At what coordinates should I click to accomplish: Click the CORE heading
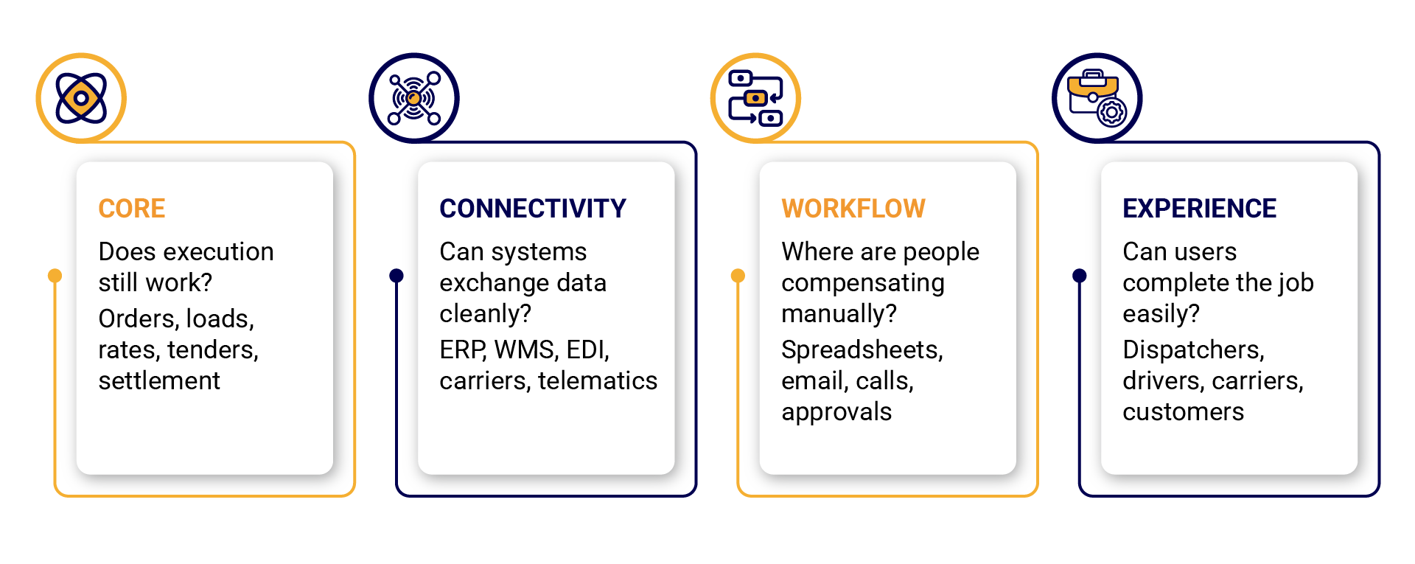(x=132, y=209)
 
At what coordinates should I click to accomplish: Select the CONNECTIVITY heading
(x=533, y=209)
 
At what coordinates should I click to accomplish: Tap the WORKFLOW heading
(x=853, y=209)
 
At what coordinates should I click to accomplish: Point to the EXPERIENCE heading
(x=1200, y=209)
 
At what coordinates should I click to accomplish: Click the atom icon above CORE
(x=81, y=98)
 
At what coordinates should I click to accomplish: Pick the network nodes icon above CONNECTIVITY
(x=414, y=98)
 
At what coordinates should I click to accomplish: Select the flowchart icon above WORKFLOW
(x=755, y=98)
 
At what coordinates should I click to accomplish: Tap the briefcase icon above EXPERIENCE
(x=1097, y=98)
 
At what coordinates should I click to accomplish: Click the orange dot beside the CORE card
(x=55, y=276)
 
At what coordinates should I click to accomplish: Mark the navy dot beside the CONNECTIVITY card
(x=396, y=276)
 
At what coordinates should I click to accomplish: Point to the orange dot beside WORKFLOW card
(x=738, y=276)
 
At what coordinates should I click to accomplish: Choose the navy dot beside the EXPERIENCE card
(x=1080, y=276)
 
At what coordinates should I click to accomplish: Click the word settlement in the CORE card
(x=159, y=380)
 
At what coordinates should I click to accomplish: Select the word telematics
(x=598, y=380)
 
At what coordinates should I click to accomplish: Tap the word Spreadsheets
(x=862, y=349)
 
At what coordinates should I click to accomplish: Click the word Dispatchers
(x=1194, y=349)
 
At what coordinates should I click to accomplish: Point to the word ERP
(x=463, y=349)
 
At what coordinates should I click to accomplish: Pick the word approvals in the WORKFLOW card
(x=836, y=412)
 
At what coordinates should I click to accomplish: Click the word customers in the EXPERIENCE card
(x=1184, y=411)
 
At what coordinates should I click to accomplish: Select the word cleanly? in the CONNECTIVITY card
(x=486, y=314)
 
